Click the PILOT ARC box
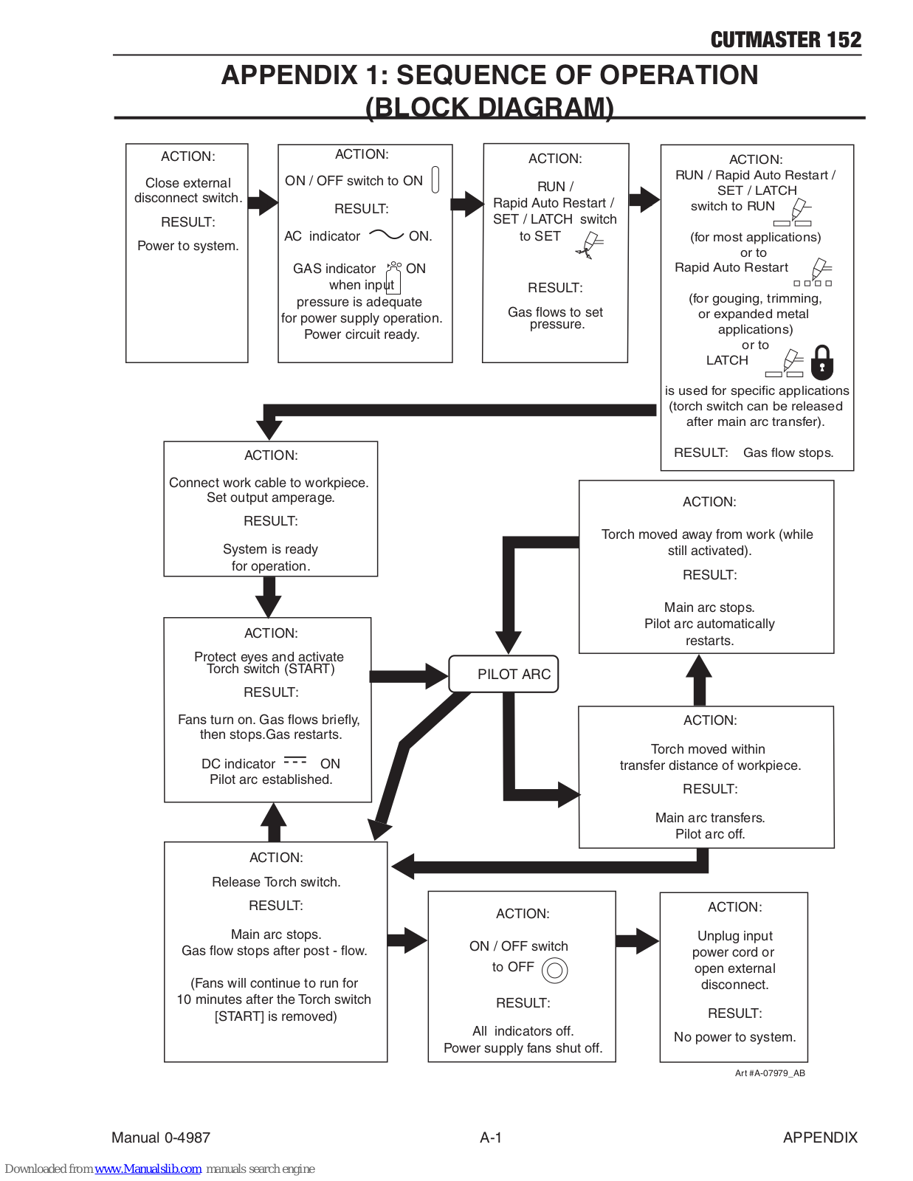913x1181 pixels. coord(503,674)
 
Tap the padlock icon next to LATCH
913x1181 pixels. coord(821,362)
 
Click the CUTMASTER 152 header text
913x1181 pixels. coord(786,40)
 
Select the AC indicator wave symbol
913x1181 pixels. coord(386,235)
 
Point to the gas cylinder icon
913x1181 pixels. coord(393,278)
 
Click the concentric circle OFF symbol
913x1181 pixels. coord(554,970)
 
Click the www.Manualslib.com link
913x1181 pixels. coord(148,1168)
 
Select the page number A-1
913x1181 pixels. coord(491,1137)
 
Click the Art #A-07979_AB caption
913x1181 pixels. coord(770,1072)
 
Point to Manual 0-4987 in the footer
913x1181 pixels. coord(161,1137)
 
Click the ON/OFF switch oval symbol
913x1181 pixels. coord(435,179)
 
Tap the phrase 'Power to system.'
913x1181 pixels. coord(188,246)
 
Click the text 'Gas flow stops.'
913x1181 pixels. coord(788,452)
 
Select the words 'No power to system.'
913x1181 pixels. coord(734,1037)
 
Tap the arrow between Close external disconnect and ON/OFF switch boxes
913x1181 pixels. coord(263,203)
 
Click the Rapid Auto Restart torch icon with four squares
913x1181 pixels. coord(813,272)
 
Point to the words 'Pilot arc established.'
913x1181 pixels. coord(271,779)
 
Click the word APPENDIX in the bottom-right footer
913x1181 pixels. coord(820,1137)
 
